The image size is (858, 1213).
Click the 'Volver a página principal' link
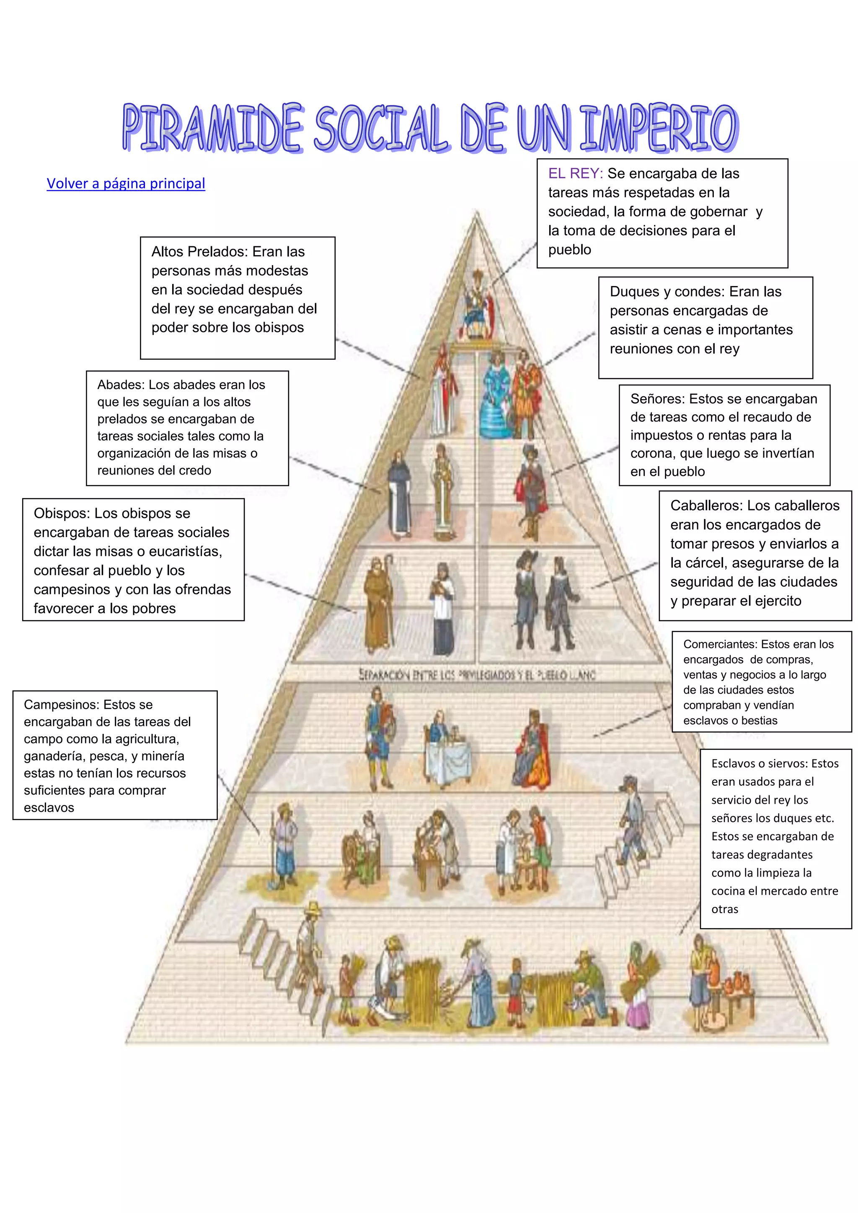tap(126, 183)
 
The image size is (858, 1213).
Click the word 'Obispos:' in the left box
tap(62, 513)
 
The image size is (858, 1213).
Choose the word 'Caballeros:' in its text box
tap(706, 506)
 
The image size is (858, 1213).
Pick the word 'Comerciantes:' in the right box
tap(720, 644)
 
